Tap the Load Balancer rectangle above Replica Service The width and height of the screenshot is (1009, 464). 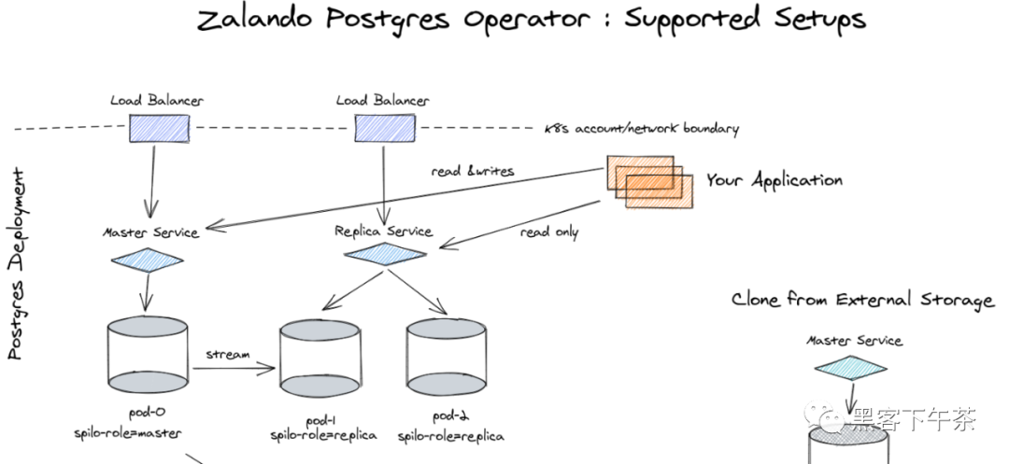pos(383,128)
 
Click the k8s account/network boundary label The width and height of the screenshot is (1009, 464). pos(641,129)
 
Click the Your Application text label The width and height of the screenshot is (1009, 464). pos(774,180)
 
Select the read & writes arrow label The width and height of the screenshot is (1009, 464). pos(473,172)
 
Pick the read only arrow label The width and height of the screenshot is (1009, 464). pos(548,232)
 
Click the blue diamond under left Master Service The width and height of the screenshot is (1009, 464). pos(148,260)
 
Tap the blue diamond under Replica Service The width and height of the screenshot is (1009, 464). pos(385,254)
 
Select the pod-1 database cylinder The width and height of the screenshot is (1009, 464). pos(320,359)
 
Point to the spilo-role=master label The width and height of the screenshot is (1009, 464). pos(127,433)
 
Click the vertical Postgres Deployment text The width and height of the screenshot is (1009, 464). pos(16,264)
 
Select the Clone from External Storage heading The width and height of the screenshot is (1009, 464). pos(862,300)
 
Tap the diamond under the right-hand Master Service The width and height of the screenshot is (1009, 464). pos(850,368)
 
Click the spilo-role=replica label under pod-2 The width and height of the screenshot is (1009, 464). pos(450,436)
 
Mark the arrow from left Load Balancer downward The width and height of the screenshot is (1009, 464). pos(152,179)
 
